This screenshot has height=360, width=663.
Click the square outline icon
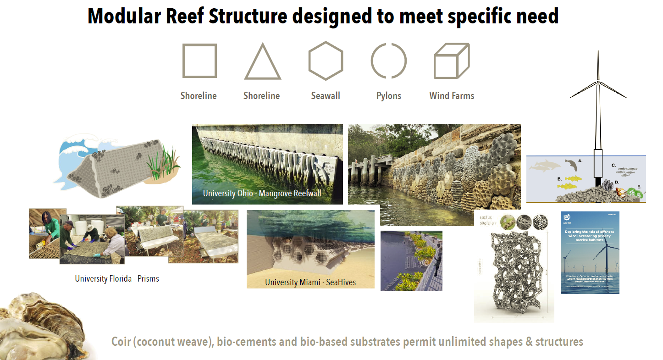(199, 61)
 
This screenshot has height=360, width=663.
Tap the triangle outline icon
(262, 63)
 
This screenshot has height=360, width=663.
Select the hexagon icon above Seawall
(326, 61)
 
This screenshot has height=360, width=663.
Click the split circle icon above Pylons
(389, 61)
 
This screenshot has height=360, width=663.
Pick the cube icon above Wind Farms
(451, 61)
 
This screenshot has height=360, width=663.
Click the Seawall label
(326, 96)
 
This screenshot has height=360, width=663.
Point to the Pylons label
(389, 96)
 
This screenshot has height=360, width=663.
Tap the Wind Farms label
(452, 96)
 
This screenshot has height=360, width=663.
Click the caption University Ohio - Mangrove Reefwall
(262, 193)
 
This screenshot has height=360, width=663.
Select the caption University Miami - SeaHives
(310, 282)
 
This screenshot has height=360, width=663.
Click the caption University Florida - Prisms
(117, 278)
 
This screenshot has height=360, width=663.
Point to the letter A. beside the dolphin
(580, 161)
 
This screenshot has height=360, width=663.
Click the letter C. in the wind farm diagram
(613, 164)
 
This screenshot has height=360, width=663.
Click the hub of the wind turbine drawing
(598, 83)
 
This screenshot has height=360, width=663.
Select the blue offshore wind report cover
(590, 252)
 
